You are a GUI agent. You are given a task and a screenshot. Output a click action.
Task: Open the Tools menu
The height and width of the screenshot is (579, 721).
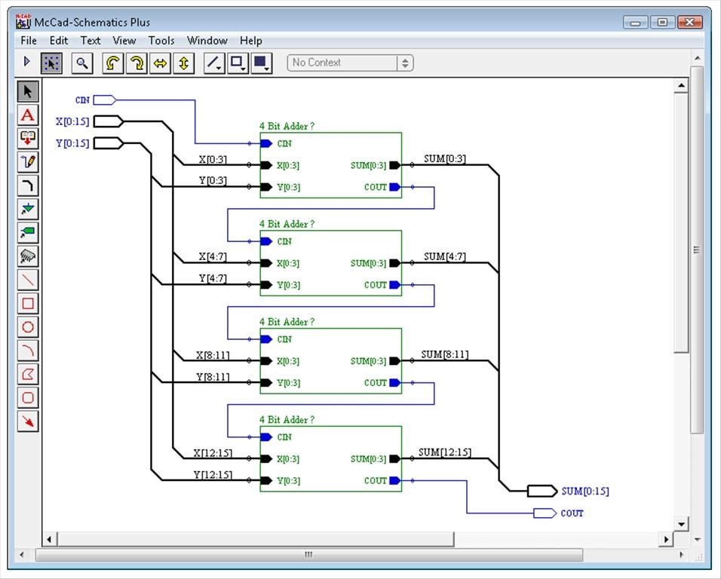[x=161, y=41]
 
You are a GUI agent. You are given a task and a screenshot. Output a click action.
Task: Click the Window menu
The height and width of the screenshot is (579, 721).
[x=207, y=41]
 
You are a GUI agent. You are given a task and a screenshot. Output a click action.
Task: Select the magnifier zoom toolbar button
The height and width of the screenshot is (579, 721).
[x=82, y=63]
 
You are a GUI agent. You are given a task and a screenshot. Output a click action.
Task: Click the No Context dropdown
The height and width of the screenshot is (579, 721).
[x=350, y=63]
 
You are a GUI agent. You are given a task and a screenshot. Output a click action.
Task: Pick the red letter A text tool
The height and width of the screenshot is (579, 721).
[x=28, y=115]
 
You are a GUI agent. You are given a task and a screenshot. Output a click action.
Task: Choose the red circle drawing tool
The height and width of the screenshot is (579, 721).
[x=28, y=327]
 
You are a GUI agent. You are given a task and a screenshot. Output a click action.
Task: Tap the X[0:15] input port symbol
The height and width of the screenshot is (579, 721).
[x=109, y=121]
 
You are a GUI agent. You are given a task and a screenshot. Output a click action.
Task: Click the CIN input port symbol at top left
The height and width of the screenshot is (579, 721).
[x=105, y=100]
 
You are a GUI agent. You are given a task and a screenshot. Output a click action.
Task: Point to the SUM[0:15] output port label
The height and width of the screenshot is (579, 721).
[x=585, y=492]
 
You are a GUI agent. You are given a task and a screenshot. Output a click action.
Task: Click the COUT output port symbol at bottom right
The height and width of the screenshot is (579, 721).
[x=545, y=513]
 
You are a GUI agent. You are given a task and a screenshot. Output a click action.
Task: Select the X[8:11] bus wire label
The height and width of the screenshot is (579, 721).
[x=213, y=355]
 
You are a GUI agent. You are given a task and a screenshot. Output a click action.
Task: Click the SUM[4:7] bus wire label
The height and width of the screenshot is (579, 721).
[x=445, y=256]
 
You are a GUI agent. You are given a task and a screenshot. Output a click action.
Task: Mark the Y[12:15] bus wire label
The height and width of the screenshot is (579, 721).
[x=213, y=475]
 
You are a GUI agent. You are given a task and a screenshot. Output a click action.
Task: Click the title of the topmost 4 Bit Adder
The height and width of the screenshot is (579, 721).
[x=287, y=126]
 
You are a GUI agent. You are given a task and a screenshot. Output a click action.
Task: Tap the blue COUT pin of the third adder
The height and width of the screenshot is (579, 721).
[x=395, y=383]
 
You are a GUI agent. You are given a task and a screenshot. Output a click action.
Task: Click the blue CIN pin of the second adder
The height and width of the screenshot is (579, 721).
[x=266, y=241]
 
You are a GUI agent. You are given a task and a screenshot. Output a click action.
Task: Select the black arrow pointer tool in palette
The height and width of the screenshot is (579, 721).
[x=28, y=91]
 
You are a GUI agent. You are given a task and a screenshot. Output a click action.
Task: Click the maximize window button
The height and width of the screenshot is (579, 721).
[x=662, y=22]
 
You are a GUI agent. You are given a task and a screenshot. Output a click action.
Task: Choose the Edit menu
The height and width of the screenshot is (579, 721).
[x=58, y=41]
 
